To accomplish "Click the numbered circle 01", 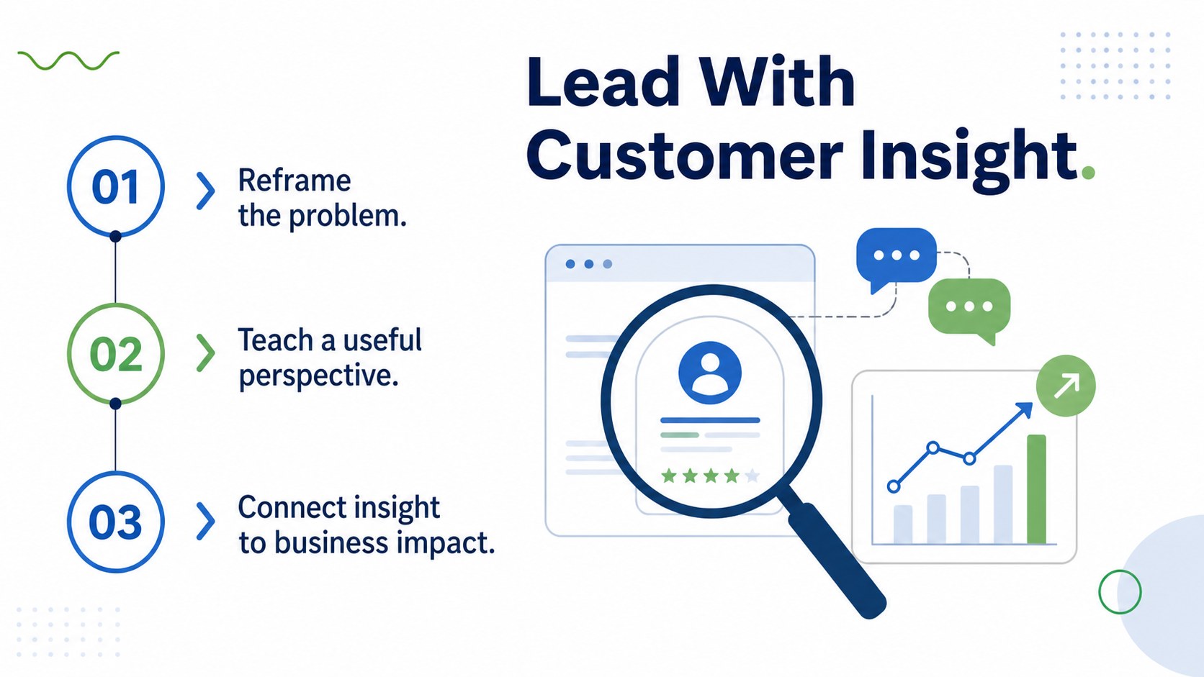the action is (115, 186).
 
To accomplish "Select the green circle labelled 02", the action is (115, 353).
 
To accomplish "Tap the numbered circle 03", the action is (115, 522).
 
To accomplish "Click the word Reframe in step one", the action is (295, 180).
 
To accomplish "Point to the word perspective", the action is (319, 376).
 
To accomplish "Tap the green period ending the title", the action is (1088, 173).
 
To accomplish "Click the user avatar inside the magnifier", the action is (710, 373).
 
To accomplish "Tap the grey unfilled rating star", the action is (752, 476).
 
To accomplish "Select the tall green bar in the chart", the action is (1036, 489).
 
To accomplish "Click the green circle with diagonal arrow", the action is (1066, 386).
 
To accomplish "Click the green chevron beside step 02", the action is (205, 353).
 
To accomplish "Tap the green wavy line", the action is (68, 60).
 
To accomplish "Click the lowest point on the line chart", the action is (894, 486).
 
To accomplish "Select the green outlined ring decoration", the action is (1120, 591).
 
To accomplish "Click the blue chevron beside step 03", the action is (205, 521).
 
